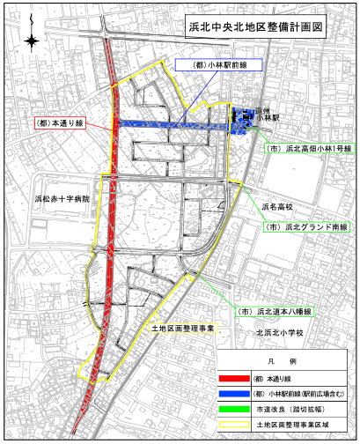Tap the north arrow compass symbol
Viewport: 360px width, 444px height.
[x=33, y=41]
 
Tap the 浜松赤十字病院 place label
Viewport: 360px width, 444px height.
[x=62, y=200]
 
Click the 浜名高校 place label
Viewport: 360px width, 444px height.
[x=277, y=208]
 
